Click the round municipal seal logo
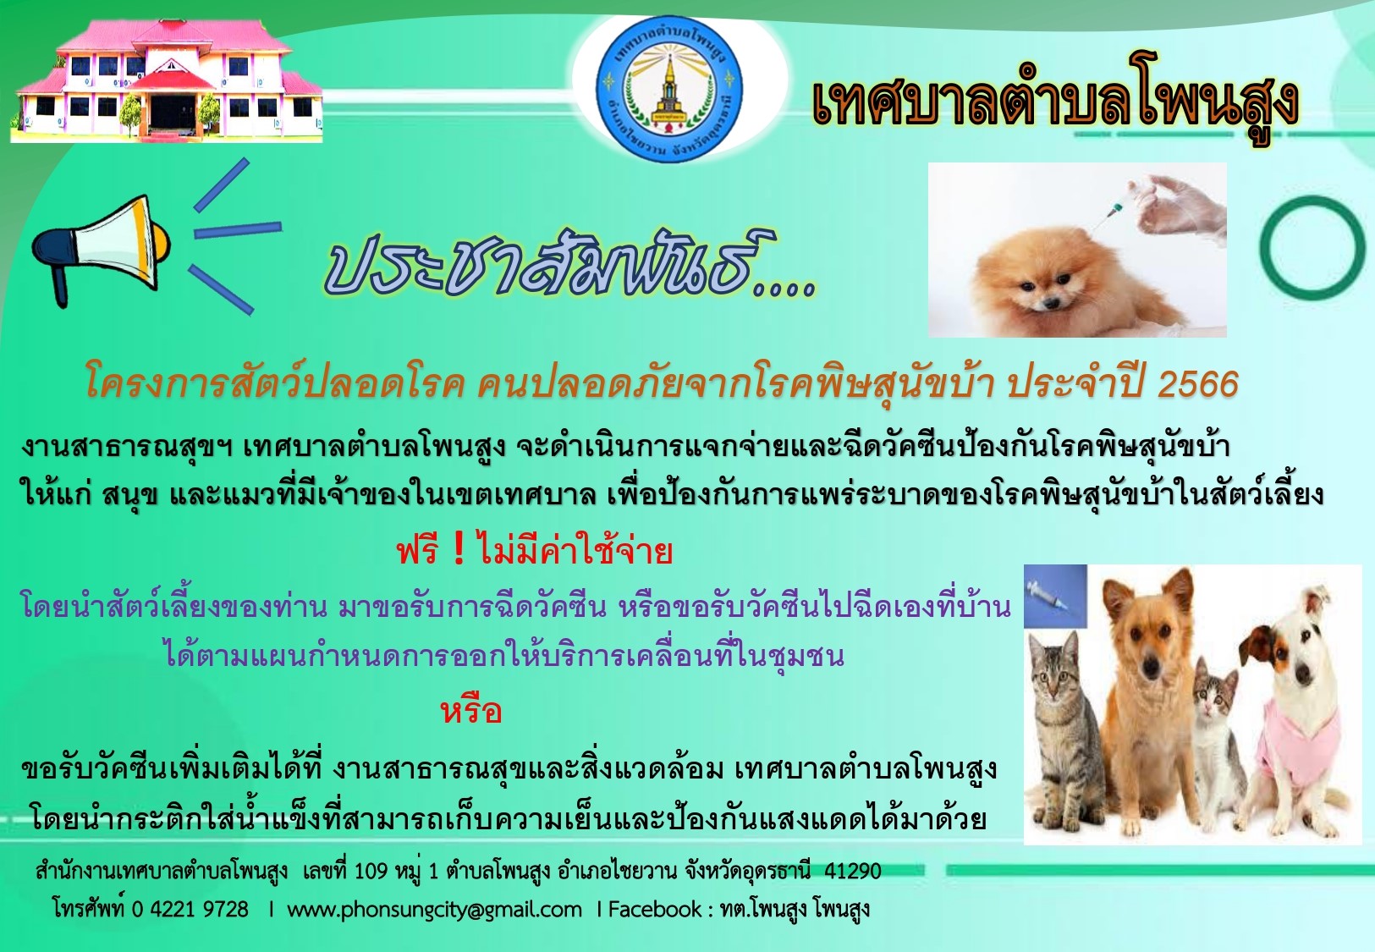(669, 89)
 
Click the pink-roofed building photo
(167, 80)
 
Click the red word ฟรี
(418, 551)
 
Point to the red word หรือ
(471, 712)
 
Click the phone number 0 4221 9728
(190, 909)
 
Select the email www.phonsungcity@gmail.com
(434, 909)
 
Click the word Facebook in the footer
(654, 909)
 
